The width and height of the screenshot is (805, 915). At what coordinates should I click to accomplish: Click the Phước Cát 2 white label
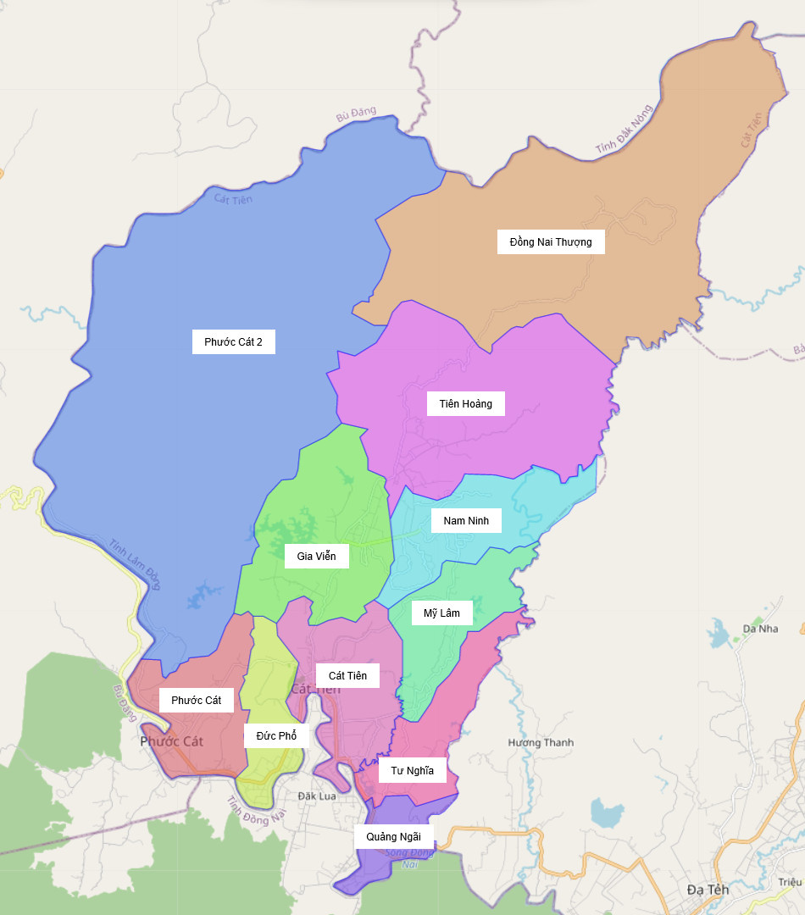(233, 342)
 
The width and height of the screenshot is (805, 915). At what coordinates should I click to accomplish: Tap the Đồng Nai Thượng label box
(551, 242)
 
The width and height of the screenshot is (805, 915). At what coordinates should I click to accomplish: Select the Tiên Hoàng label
(465, 403)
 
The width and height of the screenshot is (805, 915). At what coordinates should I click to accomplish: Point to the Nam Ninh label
(466, 520)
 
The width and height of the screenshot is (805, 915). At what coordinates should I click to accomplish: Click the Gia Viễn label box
(316, 557)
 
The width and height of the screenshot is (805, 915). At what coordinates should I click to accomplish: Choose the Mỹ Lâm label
(441, 613)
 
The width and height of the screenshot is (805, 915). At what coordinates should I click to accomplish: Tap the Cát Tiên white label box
(347, 675)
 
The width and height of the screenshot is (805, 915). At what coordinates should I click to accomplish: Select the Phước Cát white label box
(196, 700)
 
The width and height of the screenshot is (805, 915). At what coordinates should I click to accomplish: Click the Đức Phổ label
(276, 735)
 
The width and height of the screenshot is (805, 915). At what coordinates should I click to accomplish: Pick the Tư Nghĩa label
(412, 770)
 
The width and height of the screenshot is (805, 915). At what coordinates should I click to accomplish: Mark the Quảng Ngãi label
(393, 836)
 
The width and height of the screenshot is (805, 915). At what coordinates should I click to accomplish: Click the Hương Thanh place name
(541, 742)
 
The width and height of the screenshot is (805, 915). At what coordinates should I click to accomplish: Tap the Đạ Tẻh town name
(708, 890)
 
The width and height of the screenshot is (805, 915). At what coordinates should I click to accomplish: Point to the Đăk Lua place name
(317, 796)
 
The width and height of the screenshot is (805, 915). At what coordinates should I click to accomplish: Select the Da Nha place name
(760, 629)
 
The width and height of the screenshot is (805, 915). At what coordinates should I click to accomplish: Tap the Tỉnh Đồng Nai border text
(258, 811)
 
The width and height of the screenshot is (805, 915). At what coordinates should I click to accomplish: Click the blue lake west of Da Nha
(719, 631)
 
